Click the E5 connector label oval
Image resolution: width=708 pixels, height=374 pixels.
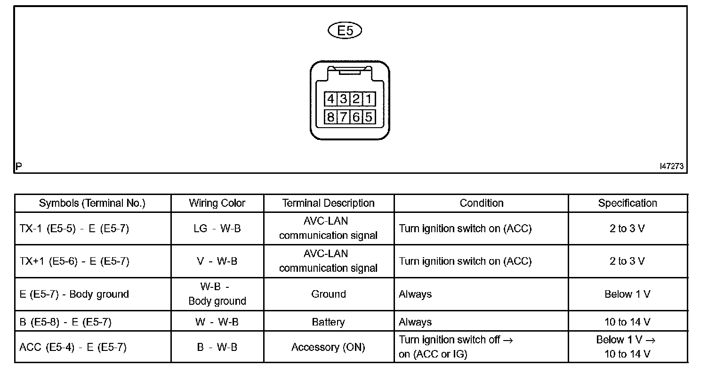[345, 31]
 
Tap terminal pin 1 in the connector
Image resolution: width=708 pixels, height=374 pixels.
[369, 99]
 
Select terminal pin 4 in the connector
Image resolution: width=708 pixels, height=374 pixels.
[330, 99]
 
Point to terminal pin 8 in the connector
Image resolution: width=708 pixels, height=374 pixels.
[330, 117]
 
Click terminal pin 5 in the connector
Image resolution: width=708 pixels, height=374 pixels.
[369, 117]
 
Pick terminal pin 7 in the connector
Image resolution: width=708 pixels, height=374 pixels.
[343, 117]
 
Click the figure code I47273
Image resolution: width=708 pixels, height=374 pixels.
[671, 166]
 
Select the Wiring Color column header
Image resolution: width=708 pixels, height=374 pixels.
[217, 203]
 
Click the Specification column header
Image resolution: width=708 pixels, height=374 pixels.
[627, 203]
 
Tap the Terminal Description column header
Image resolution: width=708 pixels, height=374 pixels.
[328, 203]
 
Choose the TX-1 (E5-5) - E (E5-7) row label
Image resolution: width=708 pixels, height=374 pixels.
[74, 228]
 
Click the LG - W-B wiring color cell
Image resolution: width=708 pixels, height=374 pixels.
[217, 228]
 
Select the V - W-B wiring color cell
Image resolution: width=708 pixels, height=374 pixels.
[217, 261]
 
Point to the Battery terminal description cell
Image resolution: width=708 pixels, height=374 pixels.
[328, 322]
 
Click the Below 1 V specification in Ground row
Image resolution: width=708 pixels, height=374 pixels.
[627, 294]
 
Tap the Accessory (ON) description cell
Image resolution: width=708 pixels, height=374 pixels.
[328, 348]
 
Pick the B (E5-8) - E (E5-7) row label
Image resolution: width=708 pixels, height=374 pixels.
[65, 322]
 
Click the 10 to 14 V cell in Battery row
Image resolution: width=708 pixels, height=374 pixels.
[627, 322]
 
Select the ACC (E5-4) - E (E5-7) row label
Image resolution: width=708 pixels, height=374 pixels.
[73, 348]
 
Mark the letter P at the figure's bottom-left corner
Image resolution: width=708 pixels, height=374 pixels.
[18, 166]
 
